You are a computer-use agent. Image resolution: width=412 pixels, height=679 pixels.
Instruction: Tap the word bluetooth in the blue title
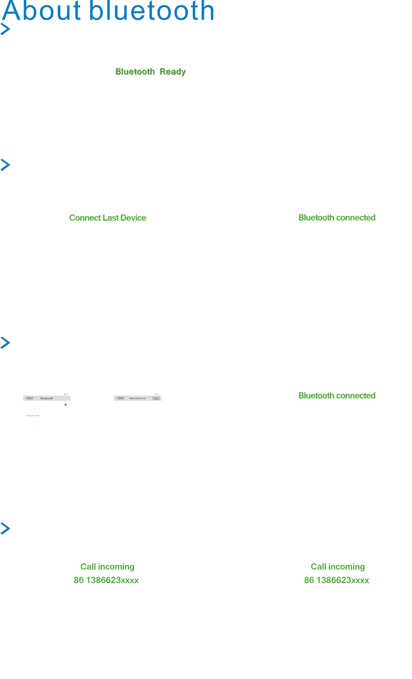pos(152,12)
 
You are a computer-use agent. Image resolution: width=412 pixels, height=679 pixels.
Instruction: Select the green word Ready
pos(173,72)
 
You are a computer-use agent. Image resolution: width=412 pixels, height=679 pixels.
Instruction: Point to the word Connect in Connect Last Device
pos(85,218)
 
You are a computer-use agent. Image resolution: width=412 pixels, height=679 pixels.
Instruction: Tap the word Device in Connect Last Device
pos(133,218)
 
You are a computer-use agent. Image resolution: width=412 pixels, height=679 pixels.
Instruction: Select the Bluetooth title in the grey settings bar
pos(47,398)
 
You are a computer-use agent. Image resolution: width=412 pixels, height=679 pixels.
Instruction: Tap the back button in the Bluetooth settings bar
pos(30,398)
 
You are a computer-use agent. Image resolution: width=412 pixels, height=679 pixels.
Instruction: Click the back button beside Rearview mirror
pos(120,398)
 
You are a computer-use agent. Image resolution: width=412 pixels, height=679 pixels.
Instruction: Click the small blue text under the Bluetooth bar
pos(34,416)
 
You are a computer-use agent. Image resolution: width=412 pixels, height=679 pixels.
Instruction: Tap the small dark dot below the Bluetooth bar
pos(65,405)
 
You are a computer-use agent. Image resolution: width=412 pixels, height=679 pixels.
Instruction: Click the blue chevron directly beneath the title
pos(5,29)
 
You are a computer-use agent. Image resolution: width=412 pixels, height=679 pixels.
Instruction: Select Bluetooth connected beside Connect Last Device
pos(337,218)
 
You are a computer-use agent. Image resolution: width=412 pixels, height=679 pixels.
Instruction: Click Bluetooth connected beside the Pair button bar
pos(337,395)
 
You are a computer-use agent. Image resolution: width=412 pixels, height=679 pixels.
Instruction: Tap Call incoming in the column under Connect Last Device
pos(107,567)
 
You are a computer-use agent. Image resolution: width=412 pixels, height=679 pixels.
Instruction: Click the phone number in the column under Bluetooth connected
pos(337,580)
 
